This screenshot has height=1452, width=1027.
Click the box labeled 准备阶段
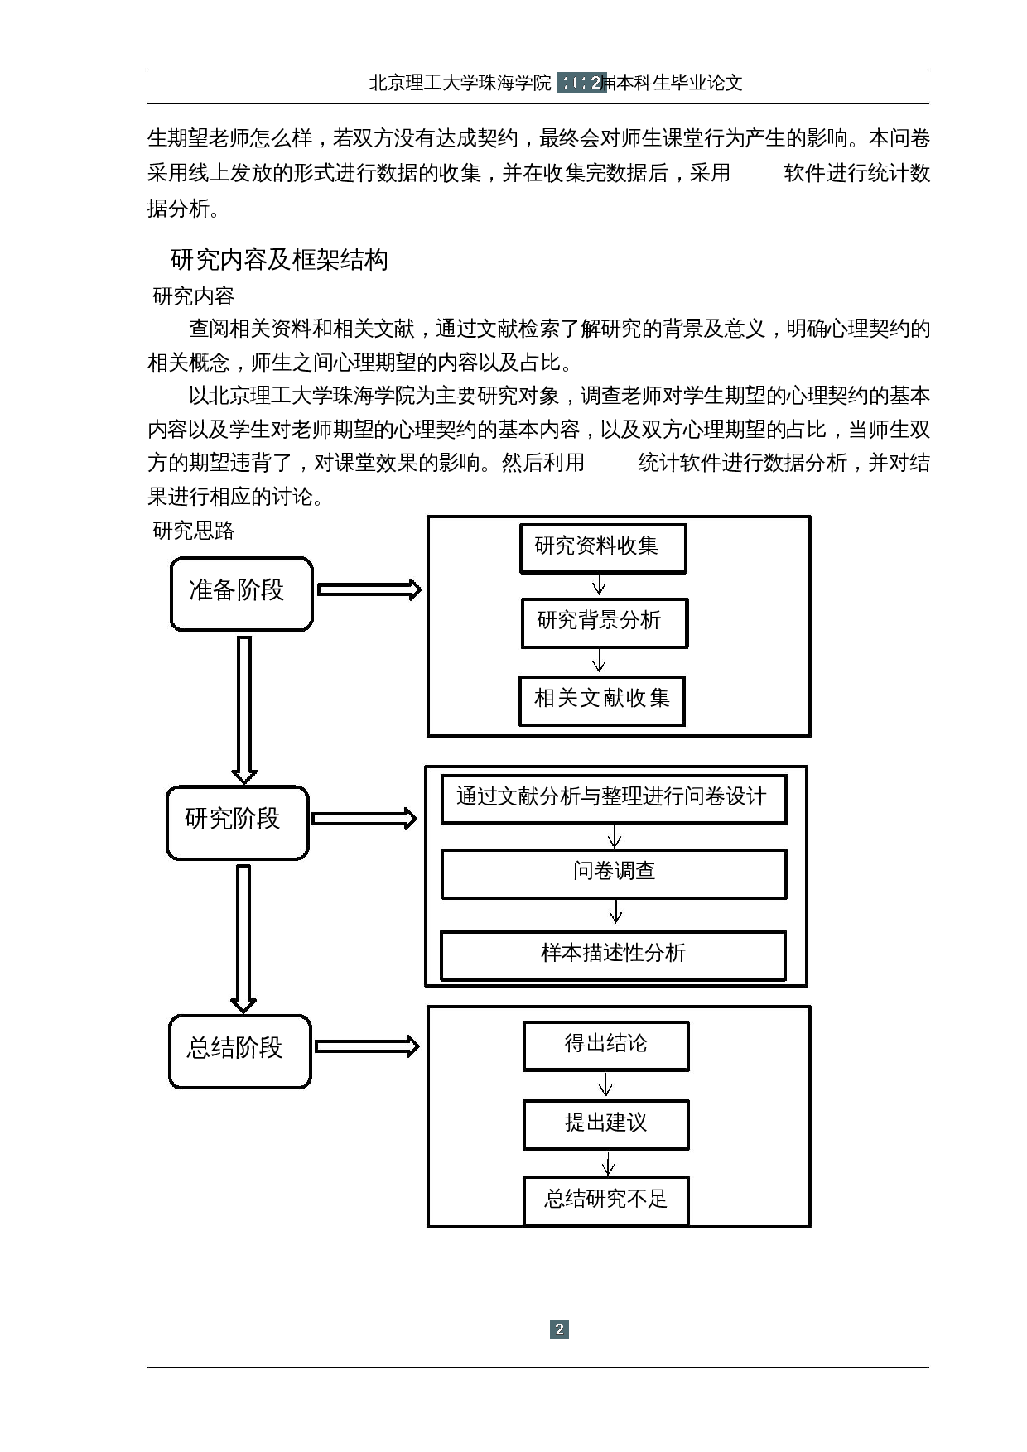[x=241, y=593]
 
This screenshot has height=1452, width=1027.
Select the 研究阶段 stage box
[x=237, y=822]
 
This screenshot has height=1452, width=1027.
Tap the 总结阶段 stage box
[x=239, y=1051]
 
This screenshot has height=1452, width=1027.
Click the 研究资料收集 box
[x=603, y=548]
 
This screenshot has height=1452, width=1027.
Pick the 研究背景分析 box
[x=604, y=623]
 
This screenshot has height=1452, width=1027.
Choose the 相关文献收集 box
[x=602, y=700]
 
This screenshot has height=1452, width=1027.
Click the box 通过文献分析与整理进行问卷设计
[x=613, y=799]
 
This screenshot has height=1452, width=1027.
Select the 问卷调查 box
[x=613, y=873]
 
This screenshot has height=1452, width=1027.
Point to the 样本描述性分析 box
[x=612, y=955]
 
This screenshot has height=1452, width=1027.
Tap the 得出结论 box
[x=605, y=1046]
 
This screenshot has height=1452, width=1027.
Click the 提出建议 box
[x=605, y=1124]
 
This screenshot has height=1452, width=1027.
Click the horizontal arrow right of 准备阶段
[x=369, y=589]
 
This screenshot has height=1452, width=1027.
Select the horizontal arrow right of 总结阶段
[x=367, y=1046]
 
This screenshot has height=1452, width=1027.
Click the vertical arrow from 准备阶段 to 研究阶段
[x=244, y=709]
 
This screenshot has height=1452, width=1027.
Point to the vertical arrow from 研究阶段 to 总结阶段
[x=243, y=938]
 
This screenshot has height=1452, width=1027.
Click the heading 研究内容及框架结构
[x=279, y=260]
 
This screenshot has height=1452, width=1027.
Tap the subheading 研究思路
[x=194, y=531]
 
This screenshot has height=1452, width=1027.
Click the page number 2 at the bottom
[x=560, y=1329]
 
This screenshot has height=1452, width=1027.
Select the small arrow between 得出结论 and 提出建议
[x=605, y=1085]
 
